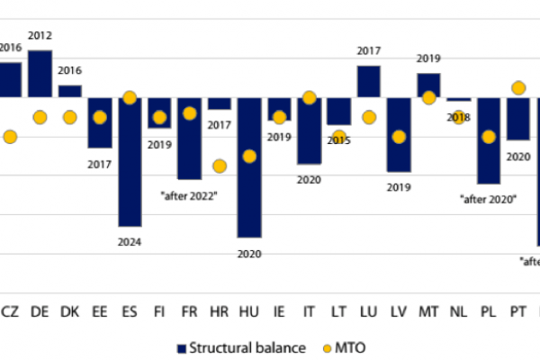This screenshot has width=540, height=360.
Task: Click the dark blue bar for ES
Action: pyautogui.click(x=130, y=162)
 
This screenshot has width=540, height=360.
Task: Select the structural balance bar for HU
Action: pyautogui.click(x=249, y=167)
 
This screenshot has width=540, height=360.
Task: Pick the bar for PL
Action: pyautogui.click(x=489, y=140)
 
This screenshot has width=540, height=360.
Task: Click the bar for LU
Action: pyautogui.click(x=368, y=81)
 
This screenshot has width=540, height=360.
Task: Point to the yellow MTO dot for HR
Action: pyautogui.click(x=219, y=166)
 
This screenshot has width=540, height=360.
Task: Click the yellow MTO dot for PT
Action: pyautogui.click(x=517, y=88)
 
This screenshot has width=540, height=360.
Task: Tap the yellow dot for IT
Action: pyautogui.click(x=309, y=97)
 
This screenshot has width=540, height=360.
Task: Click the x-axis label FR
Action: pyautogui.click(x=189, y=310)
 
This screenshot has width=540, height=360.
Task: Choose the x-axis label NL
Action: pyautogui.click(x=458, y=310)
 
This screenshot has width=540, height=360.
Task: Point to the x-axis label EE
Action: pyautogui.click(x=99, y=310)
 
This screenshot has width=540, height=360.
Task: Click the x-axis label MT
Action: pyautogui.click(x=428, y=310)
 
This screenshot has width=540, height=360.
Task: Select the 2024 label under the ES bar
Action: pyautogui.click(x=130, y=242)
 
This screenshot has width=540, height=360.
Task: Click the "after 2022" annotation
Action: pyautogui.click(x=190, y=195)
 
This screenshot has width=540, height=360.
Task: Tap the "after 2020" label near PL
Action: pyautogui.click(x=488, y=198)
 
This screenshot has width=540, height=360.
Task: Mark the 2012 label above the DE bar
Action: pyautogui.click(x=40, y=35)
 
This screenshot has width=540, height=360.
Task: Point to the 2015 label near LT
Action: pyautogui.click(x=339, y=140)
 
